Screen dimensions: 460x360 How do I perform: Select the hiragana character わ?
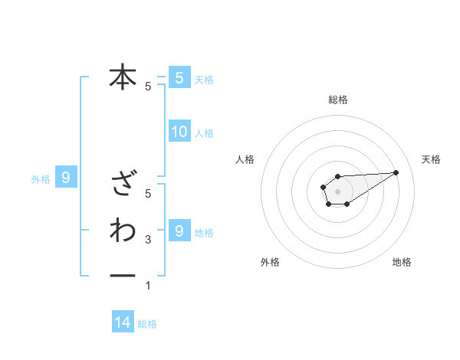click(x=123, y=230)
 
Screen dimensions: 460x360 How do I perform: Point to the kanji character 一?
click(x=123, y=275)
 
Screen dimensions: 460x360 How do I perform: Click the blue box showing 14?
click(x=123, y=322)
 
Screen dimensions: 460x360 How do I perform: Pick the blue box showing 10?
click(x=179, y=132)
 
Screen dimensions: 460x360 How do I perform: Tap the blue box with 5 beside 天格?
click(x=179, y=77)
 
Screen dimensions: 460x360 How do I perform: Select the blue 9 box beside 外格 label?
click(x=66, y=178)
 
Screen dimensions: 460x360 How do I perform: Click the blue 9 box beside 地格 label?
click(x=179, y=231)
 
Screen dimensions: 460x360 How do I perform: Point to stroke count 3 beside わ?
click(x=148, y=240)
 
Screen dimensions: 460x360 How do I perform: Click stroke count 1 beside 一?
click(x=148, y=286)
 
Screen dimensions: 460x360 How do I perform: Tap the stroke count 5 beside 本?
click(x=148, y=87)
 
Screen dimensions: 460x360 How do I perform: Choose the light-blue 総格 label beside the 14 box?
click(x=147, y=324)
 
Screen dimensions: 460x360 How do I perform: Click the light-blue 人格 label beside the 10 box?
click(x=204, y=133)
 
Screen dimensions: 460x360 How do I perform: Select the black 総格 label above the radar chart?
click(x=337, y=100)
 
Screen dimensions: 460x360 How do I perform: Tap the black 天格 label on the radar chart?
click(x=431, y=159)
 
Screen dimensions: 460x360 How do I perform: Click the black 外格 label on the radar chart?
click(x=270, y=262)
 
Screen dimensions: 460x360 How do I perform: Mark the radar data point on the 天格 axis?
click(x=396, y=172)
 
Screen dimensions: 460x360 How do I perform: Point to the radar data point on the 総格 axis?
click(x=337, y=176)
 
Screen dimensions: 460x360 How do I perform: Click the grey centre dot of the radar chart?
click(x=337, y=191)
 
